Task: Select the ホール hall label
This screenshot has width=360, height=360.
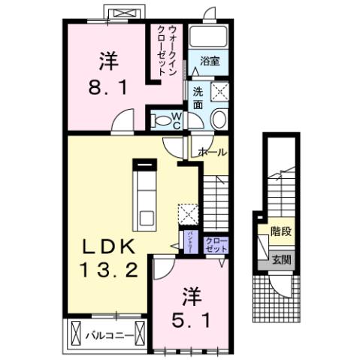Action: (x=212, y=152)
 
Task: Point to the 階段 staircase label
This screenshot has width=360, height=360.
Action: (x=282, y=232)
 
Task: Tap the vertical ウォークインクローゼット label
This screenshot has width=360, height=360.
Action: (x=168, y=51)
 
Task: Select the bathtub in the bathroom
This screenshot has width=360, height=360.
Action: (x=208, y=38)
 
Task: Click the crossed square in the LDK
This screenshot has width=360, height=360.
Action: (x=187, y=213)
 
